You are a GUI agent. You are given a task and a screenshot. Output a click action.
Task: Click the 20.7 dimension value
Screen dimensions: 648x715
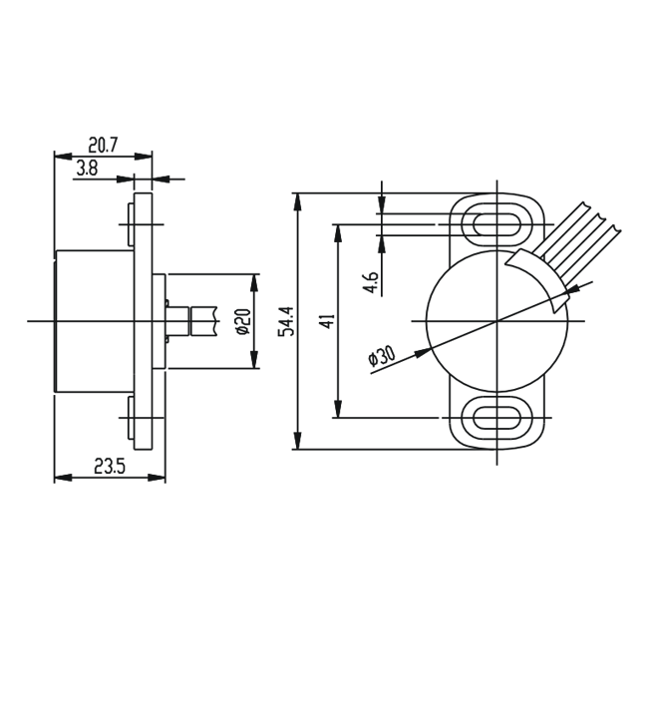pos(103,146)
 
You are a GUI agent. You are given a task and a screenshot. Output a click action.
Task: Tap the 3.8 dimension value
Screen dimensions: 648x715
pos(87,169)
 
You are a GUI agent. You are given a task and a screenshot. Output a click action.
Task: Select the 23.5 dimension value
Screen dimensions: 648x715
pos(110,467)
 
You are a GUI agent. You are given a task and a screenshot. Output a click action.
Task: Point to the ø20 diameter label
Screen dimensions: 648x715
pos(244,321)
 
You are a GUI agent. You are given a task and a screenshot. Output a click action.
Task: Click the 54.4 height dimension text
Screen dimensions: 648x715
pos(287,321)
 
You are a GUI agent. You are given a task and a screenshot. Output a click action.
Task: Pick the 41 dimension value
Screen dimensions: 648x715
pos(327,321)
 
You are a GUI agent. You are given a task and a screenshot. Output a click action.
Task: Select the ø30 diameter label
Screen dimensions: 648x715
pos(382,356)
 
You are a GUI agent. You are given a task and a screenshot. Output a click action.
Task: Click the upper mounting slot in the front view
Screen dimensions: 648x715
pos(496,224)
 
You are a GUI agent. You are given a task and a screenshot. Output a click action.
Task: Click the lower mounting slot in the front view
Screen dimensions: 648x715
pos(496,417)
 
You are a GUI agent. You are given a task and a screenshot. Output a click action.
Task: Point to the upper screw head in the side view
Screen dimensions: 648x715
pos(131,224)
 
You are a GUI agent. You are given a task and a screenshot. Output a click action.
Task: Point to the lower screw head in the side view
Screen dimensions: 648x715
pos(131,418)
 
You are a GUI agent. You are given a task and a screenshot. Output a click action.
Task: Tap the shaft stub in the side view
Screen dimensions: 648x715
pos(190,321)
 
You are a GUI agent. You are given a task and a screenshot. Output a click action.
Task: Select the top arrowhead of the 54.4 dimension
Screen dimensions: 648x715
pos(297,202)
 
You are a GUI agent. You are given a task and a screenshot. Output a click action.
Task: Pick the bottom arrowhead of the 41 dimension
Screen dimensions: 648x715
pos(338,409)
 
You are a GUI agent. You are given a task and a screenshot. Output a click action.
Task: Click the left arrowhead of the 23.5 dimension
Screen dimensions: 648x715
pos(63,478)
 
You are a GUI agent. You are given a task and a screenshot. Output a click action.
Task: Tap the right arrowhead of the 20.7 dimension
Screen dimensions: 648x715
pos(144,157)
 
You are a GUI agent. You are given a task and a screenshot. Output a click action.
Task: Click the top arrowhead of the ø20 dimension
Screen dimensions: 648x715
pos(254,283)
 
